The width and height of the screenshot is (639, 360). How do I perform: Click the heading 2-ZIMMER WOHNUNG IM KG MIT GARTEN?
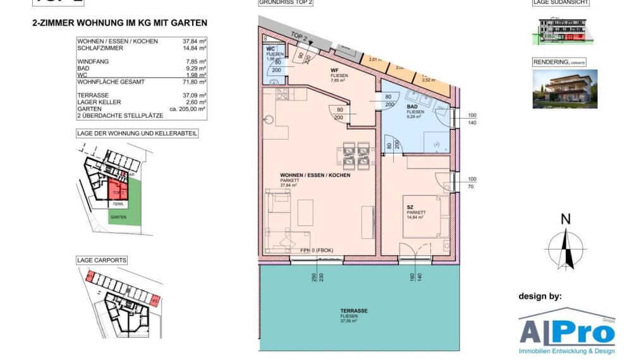click(x=119, y=23)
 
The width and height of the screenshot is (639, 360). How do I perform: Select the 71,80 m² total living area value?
click(x=191, y=82)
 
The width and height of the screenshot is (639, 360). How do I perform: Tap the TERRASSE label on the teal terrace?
click(x=354, y=311)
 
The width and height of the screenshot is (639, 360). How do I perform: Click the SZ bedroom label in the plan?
click(x=410, y=207)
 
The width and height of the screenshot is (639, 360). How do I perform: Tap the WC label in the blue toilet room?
click(x=270, y=49)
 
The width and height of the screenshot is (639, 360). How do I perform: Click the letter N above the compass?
click(x=565, y=220)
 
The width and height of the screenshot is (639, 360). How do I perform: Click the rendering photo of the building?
click(x=564, y=88)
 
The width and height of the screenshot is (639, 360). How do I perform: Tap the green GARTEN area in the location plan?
click(x=118, y=217)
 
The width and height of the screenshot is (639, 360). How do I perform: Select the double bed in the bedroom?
click(x=426, y=217)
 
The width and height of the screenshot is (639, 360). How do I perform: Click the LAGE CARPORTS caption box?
click(x=102, y=260)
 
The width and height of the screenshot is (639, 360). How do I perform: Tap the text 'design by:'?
click(x=539, y=296)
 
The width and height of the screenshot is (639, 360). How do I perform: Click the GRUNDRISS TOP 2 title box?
click(x=286, y=3)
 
